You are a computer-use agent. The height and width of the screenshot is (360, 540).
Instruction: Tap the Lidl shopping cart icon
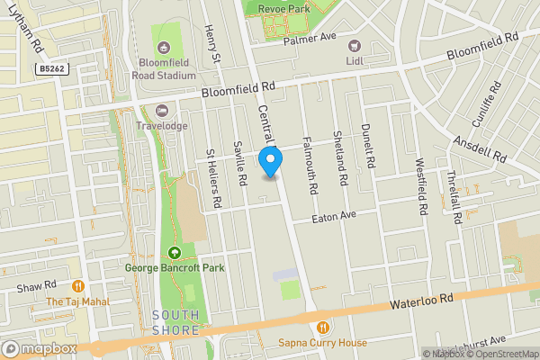point(354,46)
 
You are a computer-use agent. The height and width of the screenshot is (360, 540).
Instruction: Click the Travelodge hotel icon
point(163,111)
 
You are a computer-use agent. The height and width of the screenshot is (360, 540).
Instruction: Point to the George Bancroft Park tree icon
point(175,252)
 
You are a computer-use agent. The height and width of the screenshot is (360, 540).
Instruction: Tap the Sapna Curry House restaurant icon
point(322,327)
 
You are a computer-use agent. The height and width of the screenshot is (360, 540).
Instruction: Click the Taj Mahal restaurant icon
point(78,287)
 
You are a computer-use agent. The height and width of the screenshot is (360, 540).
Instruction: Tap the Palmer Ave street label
point(309,39)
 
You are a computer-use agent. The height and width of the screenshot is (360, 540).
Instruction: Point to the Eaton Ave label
point(335,217)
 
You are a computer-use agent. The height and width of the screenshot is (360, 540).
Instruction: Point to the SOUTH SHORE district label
point(175,322)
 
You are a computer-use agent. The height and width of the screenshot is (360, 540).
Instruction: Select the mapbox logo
point(40,348)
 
